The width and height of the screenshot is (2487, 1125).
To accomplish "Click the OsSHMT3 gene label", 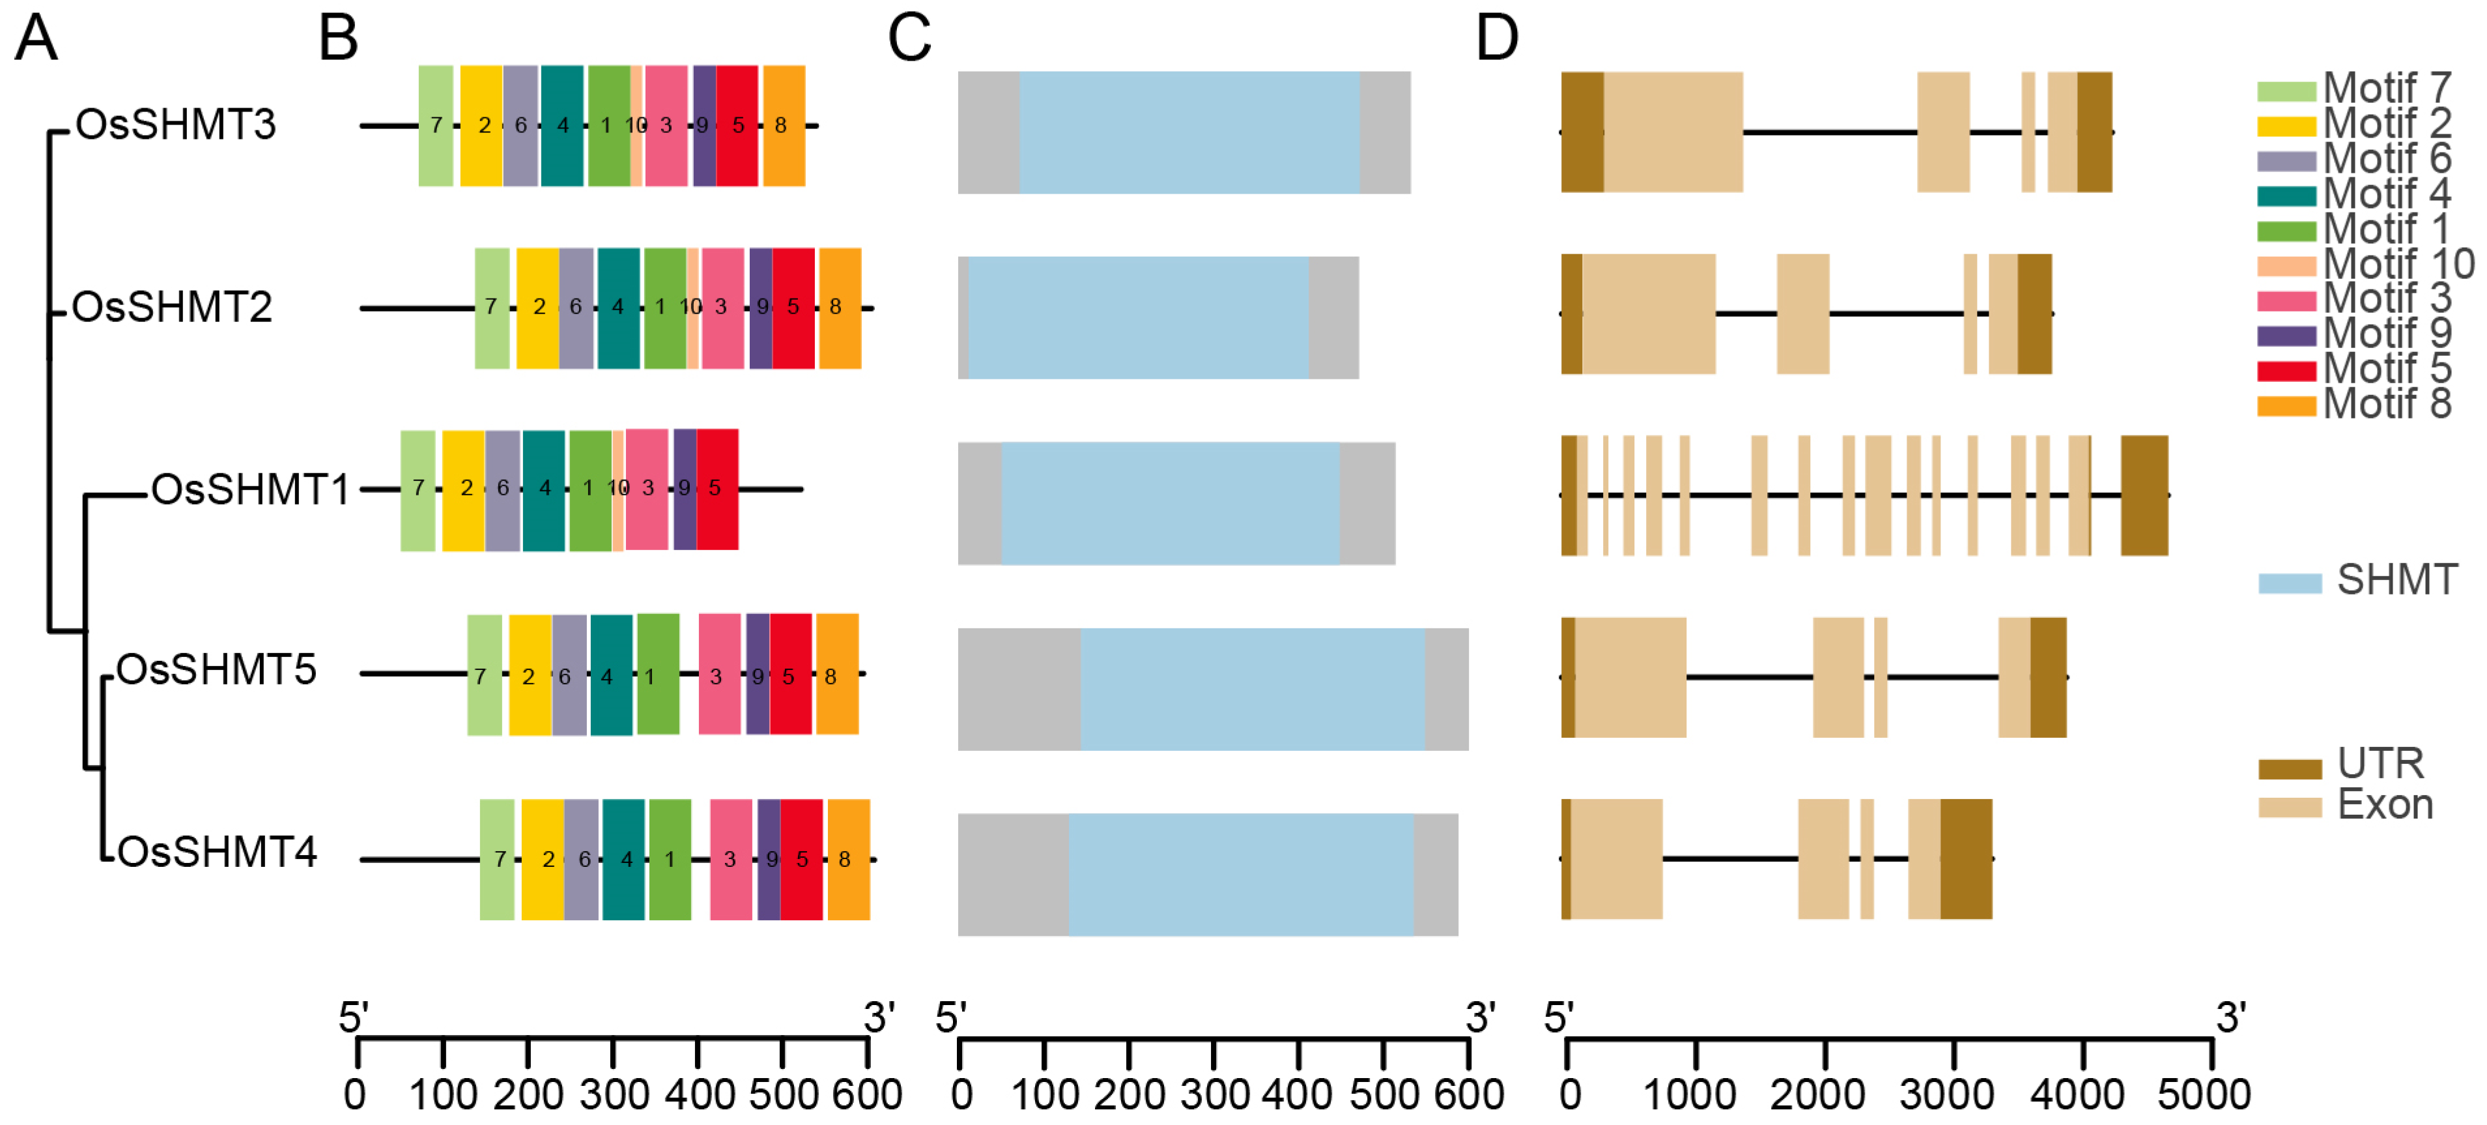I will (x=176, y=124).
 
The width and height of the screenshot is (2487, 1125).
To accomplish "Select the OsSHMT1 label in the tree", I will (x=250, y=489).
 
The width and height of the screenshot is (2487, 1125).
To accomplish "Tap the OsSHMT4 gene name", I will (x=216, y=852).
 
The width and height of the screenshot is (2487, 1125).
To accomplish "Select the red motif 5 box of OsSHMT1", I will (x=717, y=489).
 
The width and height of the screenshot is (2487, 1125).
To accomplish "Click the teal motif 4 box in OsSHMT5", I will (x=610, y=675).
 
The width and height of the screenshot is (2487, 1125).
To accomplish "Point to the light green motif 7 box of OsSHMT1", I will (x=417, y=489).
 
